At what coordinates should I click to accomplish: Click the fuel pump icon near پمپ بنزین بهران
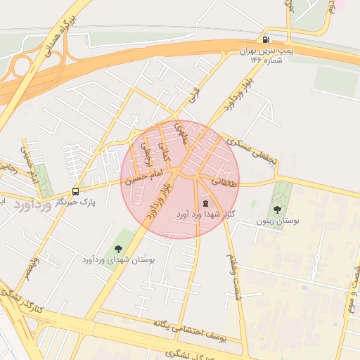[x=266, y=39]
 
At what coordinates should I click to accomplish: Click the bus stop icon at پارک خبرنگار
[x=75, y=191]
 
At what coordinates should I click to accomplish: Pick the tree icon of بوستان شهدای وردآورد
[x=117, y=248]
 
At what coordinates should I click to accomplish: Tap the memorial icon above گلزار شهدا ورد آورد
[x=205, y=202]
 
